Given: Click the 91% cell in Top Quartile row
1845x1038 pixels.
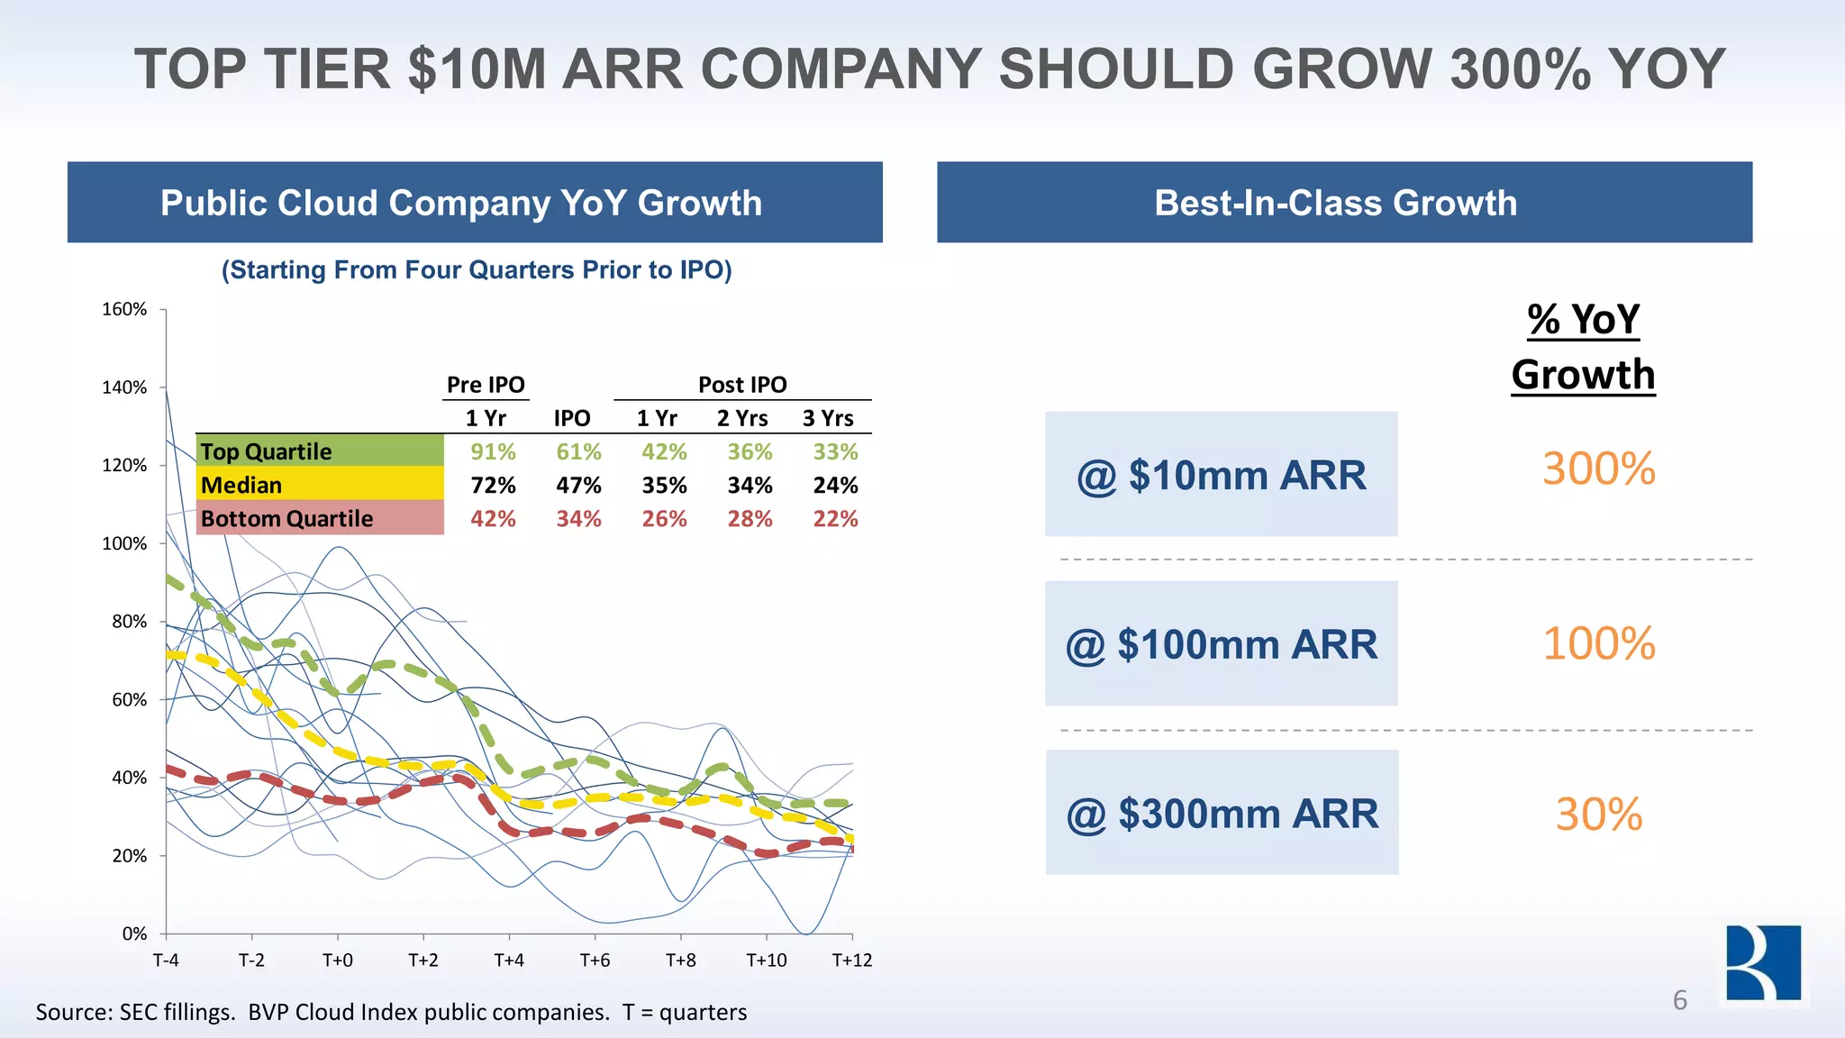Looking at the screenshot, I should [x=493, y=451].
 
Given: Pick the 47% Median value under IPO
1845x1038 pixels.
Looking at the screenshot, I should [x=578, y=486].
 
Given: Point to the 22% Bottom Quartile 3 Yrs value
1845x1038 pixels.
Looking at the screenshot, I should [x=835, y=519].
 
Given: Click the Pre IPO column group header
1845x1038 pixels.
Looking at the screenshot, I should [x=486, y=385].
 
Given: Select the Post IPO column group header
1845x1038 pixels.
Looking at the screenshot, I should [x=742, y=385].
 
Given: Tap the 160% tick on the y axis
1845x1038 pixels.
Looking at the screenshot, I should [x=124, y=309].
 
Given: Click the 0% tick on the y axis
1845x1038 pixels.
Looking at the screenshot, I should [x=134, y=933].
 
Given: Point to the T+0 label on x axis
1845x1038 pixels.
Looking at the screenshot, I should [x=337, y=961].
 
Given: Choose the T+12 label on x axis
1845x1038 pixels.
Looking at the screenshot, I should [x=851, y=961].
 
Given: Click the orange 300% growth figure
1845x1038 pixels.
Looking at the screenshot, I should [x=1598, y=469].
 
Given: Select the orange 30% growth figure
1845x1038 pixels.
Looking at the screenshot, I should [x=1598, y=815].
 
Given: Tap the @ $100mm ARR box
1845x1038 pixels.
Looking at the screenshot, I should [x=1221, y=643].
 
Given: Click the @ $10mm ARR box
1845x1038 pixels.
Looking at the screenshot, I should [x=1221, y=474].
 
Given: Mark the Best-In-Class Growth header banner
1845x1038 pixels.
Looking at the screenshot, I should [x=1344, y=203].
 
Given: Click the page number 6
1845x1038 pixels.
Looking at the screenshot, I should [x=1679, y=1000].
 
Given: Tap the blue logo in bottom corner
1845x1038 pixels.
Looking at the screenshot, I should [x=1763, y=962].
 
